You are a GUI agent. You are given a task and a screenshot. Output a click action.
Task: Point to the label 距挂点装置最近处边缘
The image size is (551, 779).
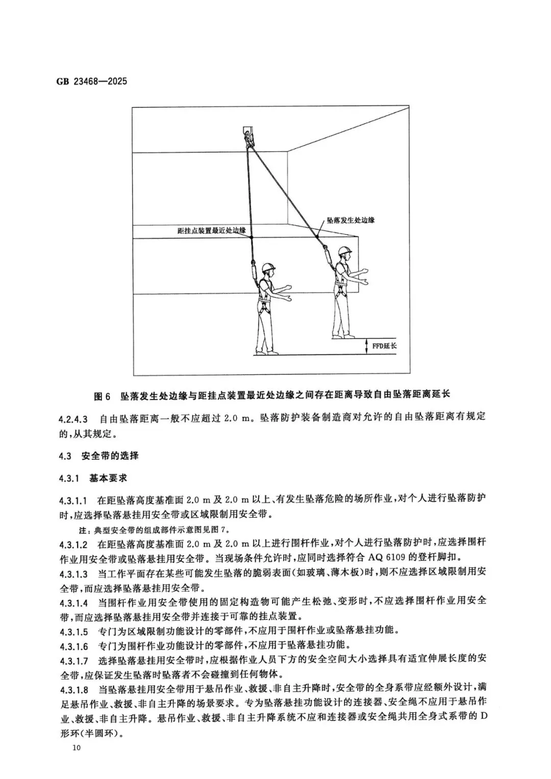coord(211,231)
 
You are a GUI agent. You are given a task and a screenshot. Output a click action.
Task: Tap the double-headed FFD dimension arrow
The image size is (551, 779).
coord(367,346)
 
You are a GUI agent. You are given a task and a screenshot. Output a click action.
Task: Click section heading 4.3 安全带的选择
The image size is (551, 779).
coord(98,455)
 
